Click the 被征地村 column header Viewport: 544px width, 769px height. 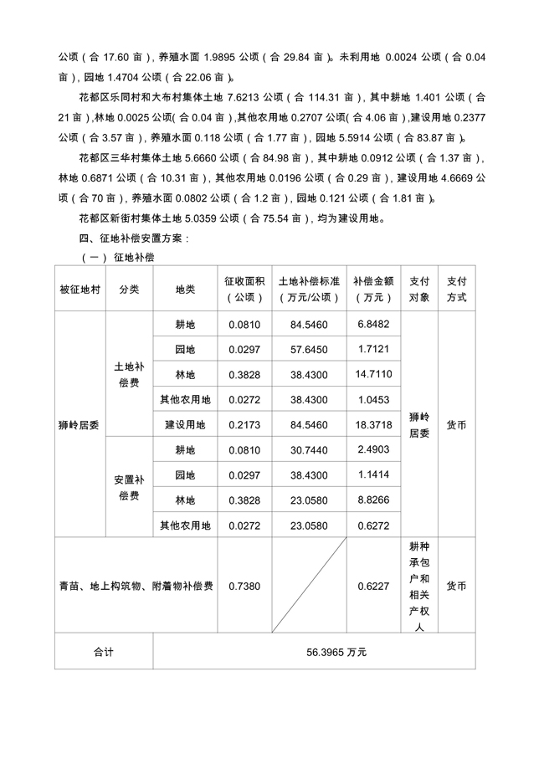click(x=80, y=289)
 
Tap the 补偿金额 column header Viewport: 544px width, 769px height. click(x=373, y=289)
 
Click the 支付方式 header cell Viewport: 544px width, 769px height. click(x=457, y=289)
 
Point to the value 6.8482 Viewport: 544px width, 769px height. click(x=374, y=324)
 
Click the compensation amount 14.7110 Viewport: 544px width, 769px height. click(x=374, y=374)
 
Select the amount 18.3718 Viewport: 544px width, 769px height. click(x=374, y=425)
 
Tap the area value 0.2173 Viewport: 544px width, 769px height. click(x=244, y=425)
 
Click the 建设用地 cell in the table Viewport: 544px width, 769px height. click(x=185, y=425)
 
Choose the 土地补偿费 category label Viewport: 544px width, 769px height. click(x=130, y=374)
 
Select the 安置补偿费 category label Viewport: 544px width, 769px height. click(x=130, y=488)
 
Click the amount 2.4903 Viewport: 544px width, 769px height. click(x=374, y=450)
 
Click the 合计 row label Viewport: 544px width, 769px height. click(x=104, y=653)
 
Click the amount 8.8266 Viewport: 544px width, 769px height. click(x=374, y=500)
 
